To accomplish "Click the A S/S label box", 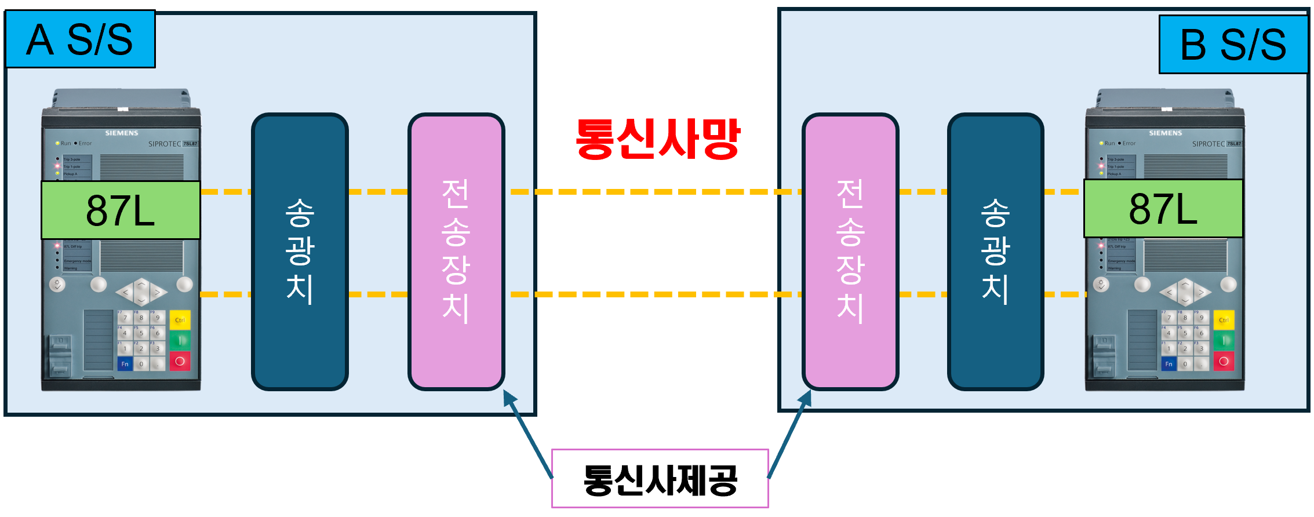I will (x=80, y=39).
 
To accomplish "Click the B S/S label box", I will (x=1233, y=45).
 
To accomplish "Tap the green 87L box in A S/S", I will (x=121, y=210).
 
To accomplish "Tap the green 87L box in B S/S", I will (x=1163, y=209).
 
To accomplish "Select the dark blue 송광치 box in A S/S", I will (x=300, y=252).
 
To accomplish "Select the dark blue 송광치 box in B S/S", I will (x=995, y=252).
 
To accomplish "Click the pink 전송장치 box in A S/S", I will (x=456, y=252).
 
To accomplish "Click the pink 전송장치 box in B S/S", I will (x=850, y=252).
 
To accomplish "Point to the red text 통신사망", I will (x=657, y=139).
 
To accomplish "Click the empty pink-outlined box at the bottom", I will (x=660, y=478).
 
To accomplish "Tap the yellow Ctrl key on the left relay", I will (x=180, y=320).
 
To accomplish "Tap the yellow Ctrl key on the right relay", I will (x=1224, y=320).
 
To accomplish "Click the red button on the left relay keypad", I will (x=180, y=362).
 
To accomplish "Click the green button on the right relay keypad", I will (x=1224, y=340).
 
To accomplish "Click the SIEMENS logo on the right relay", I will (x=1165, y=133).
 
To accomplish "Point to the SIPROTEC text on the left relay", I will (x=165, y=144).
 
